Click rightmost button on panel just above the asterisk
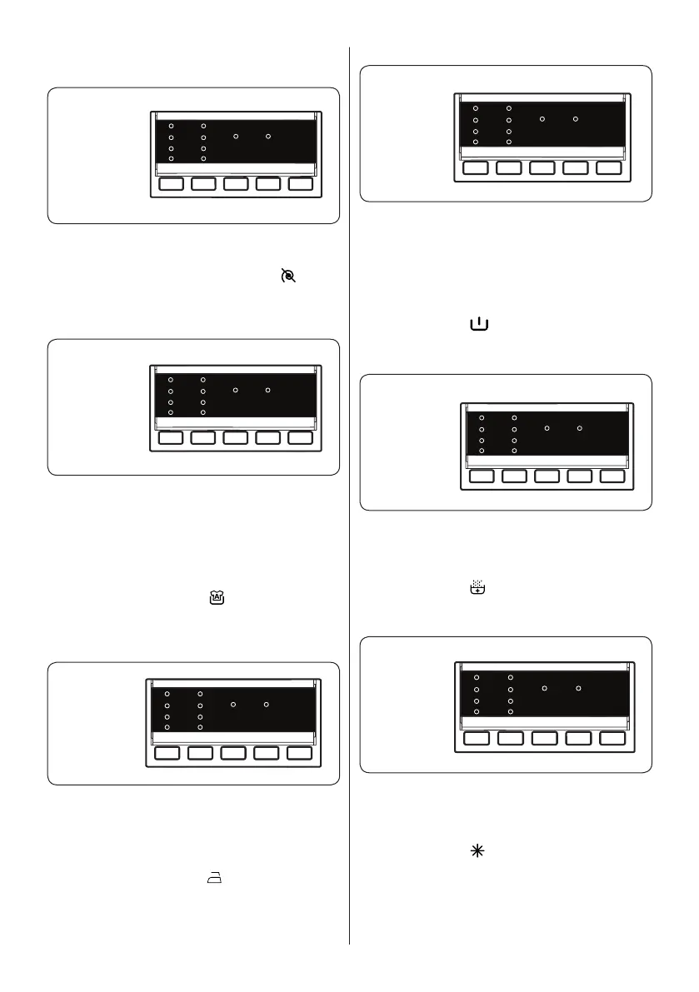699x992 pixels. [612, 739]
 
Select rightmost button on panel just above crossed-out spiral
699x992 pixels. [300, 184]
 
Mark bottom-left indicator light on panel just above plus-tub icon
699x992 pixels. [482, 451]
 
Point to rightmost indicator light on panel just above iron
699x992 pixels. [266, 705]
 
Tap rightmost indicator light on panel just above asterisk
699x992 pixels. [577, 689]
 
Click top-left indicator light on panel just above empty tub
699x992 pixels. [476, 108]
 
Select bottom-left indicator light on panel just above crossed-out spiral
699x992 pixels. [171, 158]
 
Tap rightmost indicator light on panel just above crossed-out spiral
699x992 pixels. [268, 135]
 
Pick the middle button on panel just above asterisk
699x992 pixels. [544, 739]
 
